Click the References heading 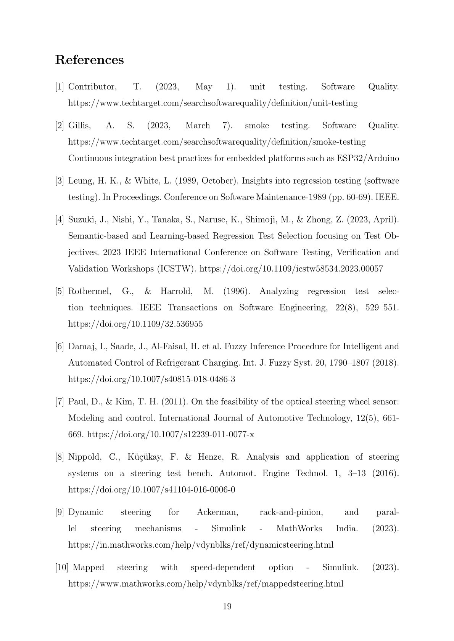click(x=89, y=60)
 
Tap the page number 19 click(x=227, y=606)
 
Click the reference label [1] click(x=60, y=87)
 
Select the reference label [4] click(x=60, y=220)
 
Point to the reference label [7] click(x=60, y=402)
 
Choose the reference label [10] click(x=62, y=567)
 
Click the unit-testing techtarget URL click(x=213, y=103)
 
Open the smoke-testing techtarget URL click(x=217, y=142)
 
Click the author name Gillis click(x=79, y=126)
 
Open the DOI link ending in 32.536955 click(x=135, y=324)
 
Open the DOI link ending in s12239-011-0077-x click(x=171, y=435)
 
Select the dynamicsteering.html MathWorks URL click(x=201, y=545)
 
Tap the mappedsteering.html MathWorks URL click(x=206, y=584)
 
